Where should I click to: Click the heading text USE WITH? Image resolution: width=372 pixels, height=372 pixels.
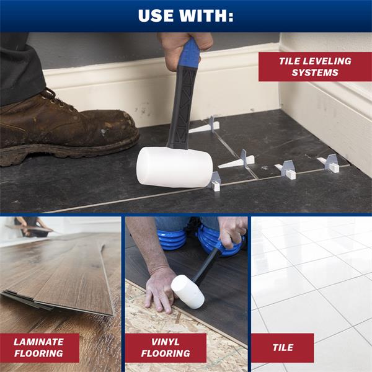pyautogui.click(x=186, y=15)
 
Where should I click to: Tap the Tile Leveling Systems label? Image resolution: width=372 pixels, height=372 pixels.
pyautogui.click(x=315, y=67)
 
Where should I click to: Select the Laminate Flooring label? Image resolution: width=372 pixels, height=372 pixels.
pyautogui.click(x=39, y=348)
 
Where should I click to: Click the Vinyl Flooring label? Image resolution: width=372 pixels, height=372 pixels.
pyautogui.click(x=166, y=348)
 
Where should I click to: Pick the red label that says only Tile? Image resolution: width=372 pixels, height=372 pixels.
pyautogui.click(x=283, y=348)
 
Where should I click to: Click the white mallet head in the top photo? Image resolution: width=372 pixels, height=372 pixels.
pyautogui.click(x=174, y=167)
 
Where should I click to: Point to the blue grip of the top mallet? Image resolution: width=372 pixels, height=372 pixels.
pyautogui.click(x=189, y=54)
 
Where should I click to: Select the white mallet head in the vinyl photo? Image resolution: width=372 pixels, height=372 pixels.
pyautogui.click(x=188, y=292)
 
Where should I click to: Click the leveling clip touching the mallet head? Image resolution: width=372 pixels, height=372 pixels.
pyautogui.click(x=215, y=182)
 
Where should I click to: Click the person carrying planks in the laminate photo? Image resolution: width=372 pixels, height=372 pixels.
pyautogui.click(x=29, y=226)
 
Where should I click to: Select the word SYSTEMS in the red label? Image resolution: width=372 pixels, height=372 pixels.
pyautogui.click(x=315, y=73)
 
